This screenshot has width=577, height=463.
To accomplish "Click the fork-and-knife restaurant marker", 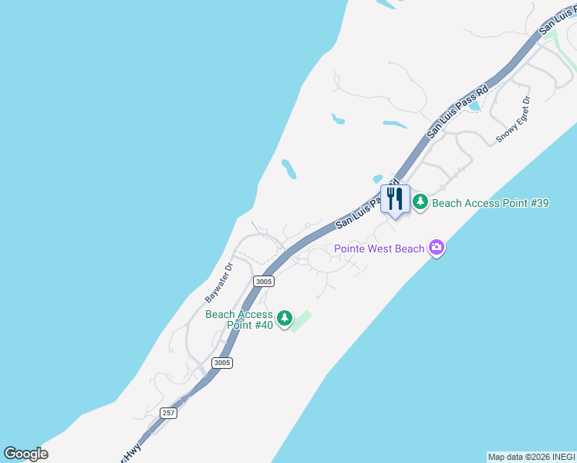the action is tap(395, 200).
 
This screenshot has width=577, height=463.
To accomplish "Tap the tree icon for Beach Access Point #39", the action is tap(420, 203).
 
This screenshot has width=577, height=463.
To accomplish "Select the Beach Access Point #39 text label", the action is tap(490, 204).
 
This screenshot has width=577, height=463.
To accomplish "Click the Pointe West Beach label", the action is tap(379, 248).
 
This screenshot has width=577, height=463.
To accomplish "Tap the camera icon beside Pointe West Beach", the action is tap(437, 248).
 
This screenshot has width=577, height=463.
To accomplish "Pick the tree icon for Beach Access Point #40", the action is tap(285, 318).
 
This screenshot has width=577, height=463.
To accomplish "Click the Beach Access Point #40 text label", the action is tap(239, 319).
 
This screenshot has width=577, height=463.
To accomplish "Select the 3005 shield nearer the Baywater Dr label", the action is tap(263, 282).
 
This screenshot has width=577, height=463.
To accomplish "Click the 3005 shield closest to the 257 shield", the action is tap(222, 363).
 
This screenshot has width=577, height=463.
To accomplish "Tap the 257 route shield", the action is tap(169, 413).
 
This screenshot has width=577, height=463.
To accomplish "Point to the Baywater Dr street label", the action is tap(218, 283).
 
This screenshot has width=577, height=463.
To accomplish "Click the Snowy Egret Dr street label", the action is tap(514, 120).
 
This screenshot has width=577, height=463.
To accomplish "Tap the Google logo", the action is tap(26, 453).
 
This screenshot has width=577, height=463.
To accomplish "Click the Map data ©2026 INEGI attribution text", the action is tap(531, 457).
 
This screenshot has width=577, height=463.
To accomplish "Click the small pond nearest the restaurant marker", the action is tap(378, 179).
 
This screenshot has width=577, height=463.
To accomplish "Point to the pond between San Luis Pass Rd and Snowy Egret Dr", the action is tap(475, 104).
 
